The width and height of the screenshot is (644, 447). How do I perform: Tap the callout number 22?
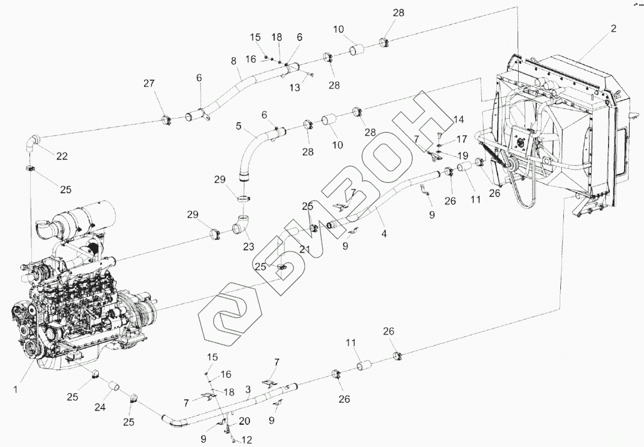tap(62, 156)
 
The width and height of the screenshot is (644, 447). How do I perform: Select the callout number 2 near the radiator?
tap(613, 28)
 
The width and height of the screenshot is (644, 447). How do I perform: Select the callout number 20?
tap(244, 421)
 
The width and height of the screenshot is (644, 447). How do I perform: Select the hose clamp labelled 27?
tap(167, 120)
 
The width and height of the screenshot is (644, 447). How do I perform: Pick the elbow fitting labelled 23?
tap(240, 226)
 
